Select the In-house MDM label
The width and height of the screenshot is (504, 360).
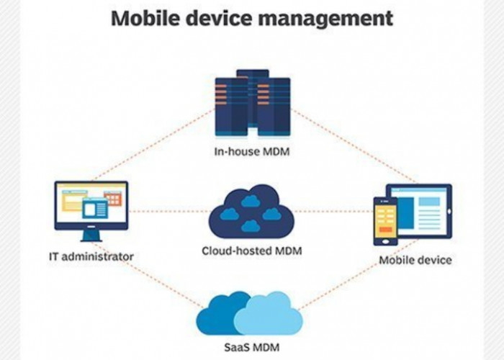tap(252, 152)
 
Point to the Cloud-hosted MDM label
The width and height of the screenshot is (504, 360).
tap(251, 251)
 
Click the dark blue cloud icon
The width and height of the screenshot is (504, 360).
tap(251, 210)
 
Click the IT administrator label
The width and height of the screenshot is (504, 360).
tap(91, 256)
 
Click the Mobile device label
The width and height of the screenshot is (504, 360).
tap(415, 259)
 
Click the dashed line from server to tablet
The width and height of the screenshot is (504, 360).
tap(353, 144)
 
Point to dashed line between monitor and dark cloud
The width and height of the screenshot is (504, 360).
tap(169, 212)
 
